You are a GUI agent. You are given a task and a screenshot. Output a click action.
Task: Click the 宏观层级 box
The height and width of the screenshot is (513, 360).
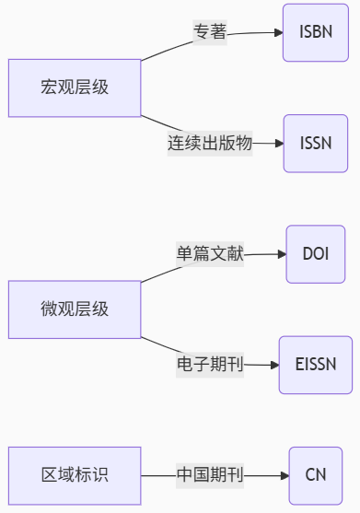click(x=75, y=88)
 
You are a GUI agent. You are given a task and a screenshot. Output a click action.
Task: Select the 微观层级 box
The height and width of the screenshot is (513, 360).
click(x=75, y=309)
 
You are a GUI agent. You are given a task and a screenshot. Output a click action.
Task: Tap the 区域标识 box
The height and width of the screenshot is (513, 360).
click(x=75, y=476)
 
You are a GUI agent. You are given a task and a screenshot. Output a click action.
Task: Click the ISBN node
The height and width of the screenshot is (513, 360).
click(x=316, y=32)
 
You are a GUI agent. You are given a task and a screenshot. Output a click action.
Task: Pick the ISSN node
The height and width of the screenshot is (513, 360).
click(x=316, y=144)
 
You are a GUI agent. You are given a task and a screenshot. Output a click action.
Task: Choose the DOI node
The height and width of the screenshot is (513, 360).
click(x=316, y=254)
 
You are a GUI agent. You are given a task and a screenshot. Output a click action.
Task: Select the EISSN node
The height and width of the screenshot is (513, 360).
click(x=316, y=365)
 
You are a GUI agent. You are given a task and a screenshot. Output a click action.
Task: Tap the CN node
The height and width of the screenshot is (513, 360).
click(x=316, y=476)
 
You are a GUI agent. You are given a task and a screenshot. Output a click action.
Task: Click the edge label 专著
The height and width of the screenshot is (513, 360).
click(x=210, y=32)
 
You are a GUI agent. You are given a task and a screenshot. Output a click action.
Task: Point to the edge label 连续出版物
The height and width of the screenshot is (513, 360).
click(x=210, y=144)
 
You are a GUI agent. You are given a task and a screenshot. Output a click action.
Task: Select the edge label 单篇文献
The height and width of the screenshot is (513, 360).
click(x=210, y=254)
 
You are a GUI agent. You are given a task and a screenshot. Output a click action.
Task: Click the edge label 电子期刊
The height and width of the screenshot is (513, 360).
click(x=210, y=365)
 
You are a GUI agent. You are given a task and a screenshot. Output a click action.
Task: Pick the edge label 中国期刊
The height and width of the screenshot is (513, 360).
click(x=210, y=476)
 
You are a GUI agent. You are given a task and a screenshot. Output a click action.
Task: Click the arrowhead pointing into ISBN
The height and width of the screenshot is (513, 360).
click(x=279, y=32)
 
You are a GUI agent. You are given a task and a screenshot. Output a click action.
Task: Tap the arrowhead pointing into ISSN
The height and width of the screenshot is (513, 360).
click(x=280, y=144)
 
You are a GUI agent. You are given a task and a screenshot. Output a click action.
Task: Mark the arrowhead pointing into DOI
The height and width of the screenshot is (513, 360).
click(x=282, y=254)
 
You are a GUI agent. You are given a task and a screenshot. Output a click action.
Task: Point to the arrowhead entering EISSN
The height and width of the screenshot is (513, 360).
click(x=275, y=365)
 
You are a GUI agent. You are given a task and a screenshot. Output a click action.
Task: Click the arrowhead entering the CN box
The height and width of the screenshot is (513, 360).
click(x=285, y=476)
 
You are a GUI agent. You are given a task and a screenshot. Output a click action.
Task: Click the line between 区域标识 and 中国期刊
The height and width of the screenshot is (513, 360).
click(x=158, y=476)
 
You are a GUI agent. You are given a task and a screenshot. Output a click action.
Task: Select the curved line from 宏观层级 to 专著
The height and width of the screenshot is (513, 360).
click(x=167, y=50)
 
